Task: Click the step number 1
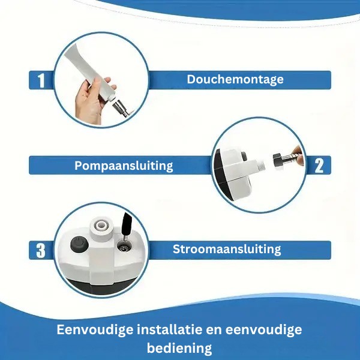coord(41,80)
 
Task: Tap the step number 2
coord(319,166)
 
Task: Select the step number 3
coord(41,250)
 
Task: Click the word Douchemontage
coord(235,80)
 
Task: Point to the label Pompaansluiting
coord(124,166)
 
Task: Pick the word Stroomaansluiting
coord(227,250)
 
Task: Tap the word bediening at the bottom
coord(179,348)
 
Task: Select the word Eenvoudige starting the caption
coord(95,330)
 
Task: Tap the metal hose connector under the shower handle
coord(121,107)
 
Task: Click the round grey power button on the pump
coord(79,245)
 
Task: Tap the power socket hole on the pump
coord(124,248)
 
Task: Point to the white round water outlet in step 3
coord(100,227)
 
